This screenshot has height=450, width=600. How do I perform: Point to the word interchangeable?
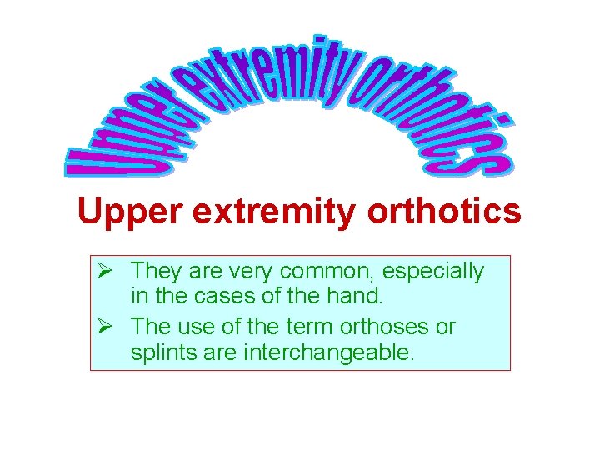(x=327, y=352)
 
